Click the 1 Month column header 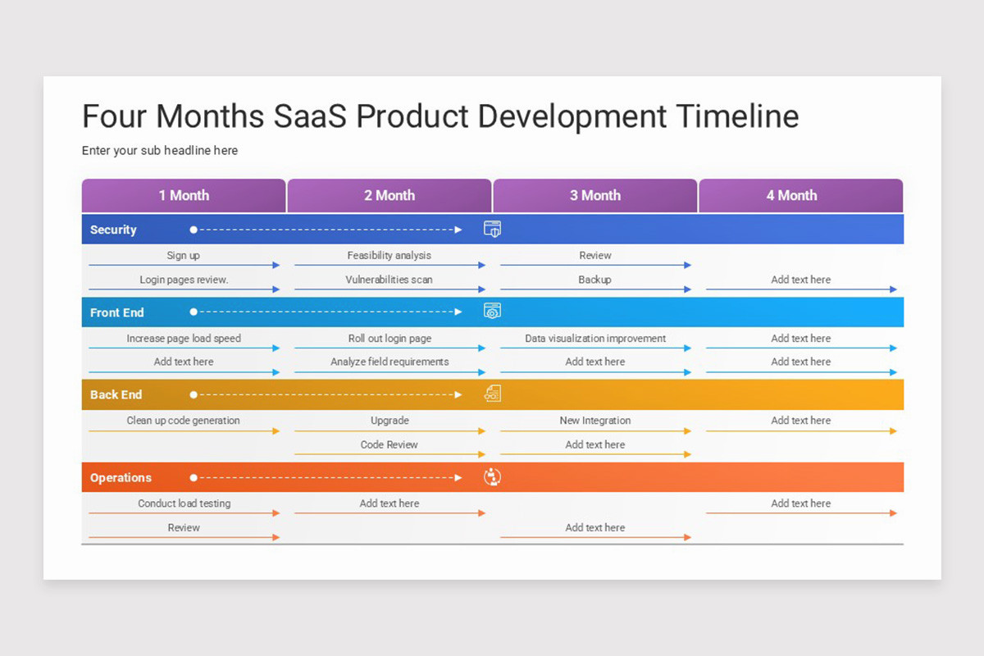(184, 196)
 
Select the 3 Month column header (595, 196)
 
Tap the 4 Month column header (791, 196)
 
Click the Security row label (113, 230)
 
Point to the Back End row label (116, 394)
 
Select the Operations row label (121, 477)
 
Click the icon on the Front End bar (492, 311)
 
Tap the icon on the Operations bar (492, 477)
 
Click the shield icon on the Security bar (492, 229)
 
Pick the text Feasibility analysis (389, 255)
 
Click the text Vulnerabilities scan (389, 280)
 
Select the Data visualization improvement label (595, 338)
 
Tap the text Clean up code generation (183, 420)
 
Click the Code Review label (389, 444)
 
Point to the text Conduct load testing (184, 503)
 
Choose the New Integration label (595, 420)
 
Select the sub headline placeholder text (160, 151)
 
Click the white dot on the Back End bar (194, 394)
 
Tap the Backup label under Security (594, 280)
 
